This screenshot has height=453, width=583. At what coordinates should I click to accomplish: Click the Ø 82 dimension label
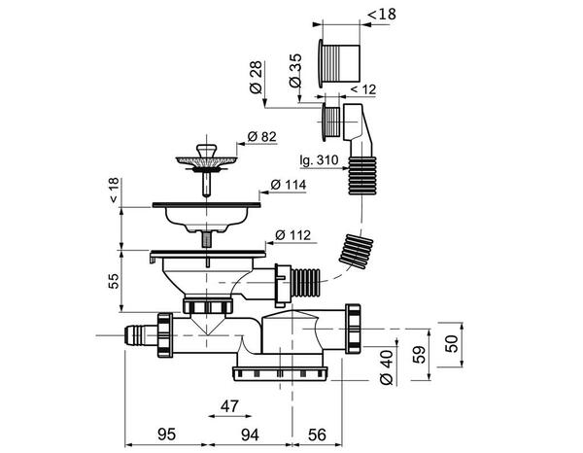[x=262, y=136]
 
